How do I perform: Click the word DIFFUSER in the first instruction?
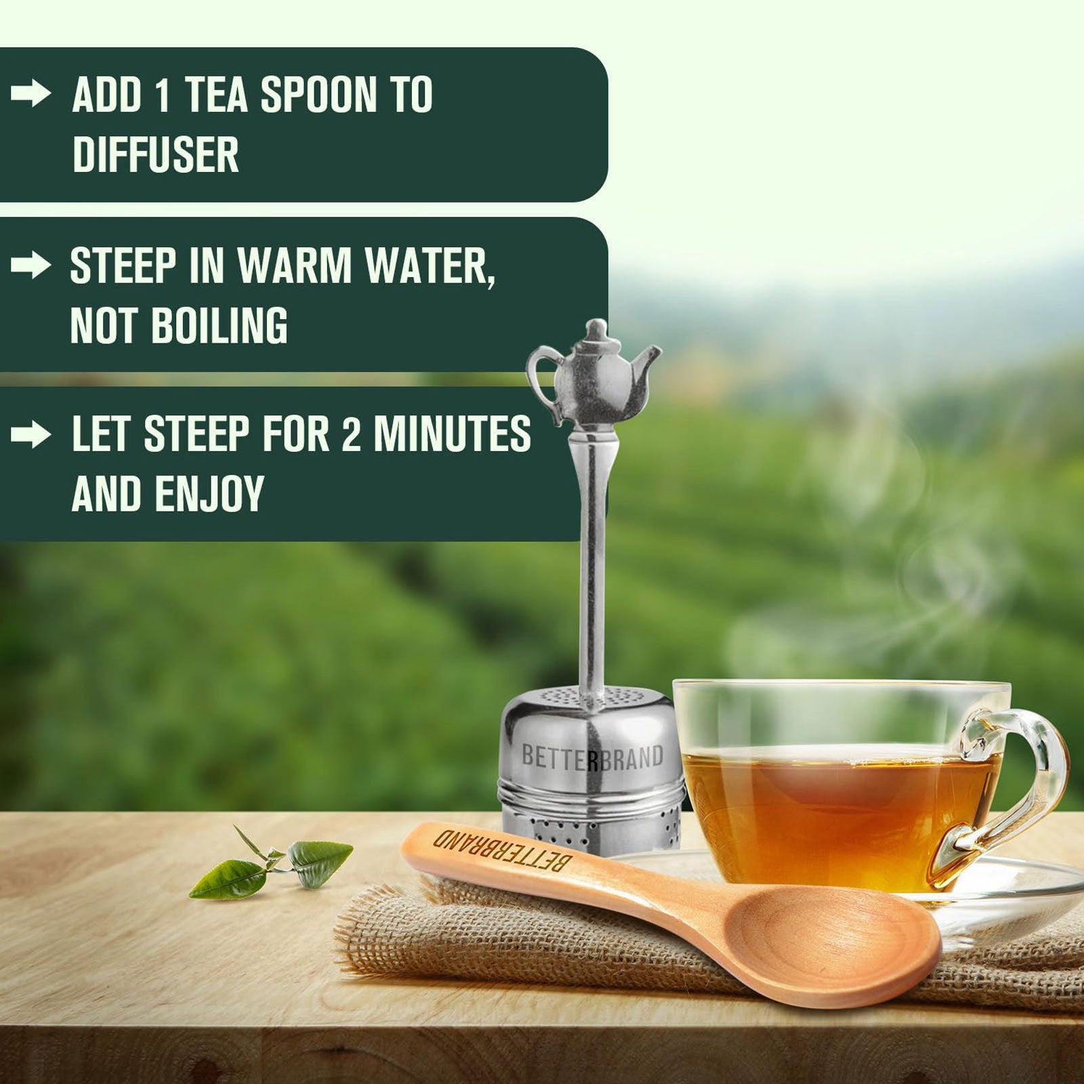click(155, 154)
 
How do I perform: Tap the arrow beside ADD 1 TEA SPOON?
click(31, 94)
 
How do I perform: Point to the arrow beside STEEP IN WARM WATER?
click(31, 266)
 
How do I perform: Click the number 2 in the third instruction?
click(351, 434)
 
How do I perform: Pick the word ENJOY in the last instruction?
click(209, 494)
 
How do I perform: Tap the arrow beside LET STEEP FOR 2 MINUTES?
click(31, 434)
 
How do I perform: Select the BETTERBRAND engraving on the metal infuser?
click(592, 757)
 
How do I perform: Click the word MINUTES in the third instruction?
click(452, 434)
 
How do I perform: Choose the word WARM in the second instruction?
click(295, 266)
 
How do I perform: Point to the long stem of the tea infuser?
click(592, 556)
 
